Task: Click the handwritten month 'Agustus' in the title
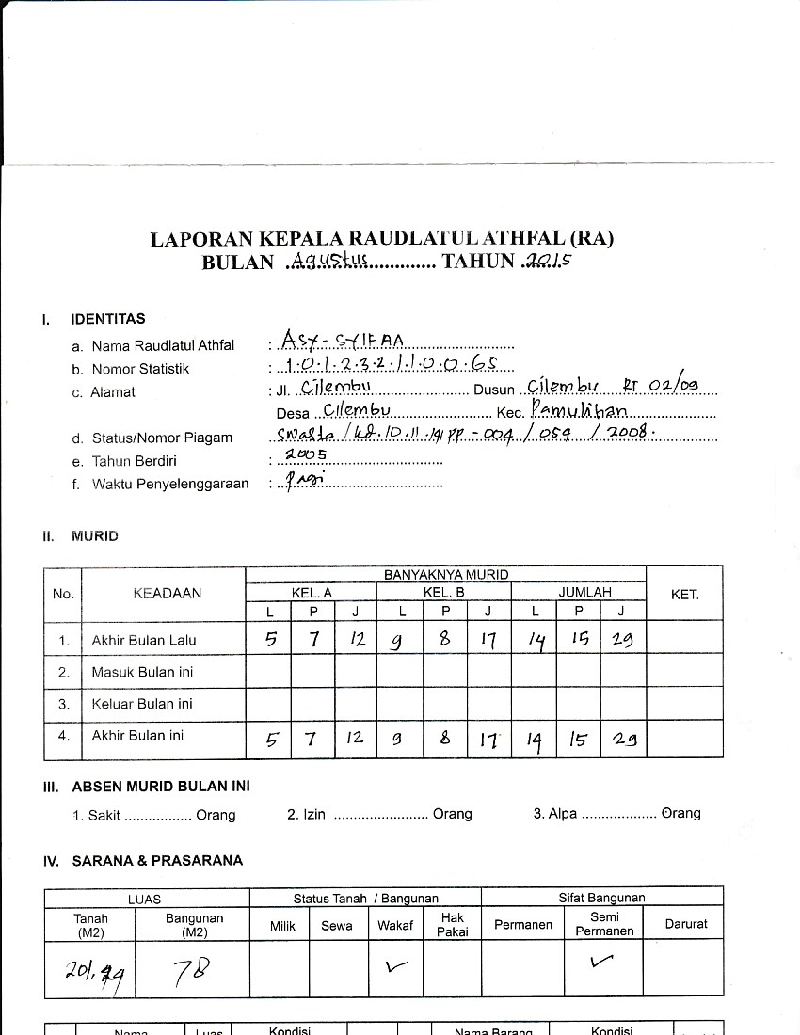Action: click(329, 262)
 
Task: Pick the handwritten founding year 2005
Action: click(305, 454)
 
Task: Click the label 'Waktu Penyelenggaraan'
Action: click(170, 484)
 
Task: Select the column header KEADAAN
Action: click(167, 593)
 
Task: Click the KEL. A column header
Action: click(312, 592)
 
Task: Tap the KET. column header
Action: click(684, 595)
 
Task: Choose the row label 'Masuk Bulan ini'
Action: click(142, 672)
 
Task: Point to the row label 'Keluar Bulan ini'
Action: click(142, 703)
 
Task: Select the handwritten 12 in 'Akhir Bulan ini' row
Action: click(354, 739)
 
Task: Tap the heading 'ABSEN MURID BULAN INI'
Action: click(161, 787)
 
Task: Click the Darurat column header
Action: click(685, 924)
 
